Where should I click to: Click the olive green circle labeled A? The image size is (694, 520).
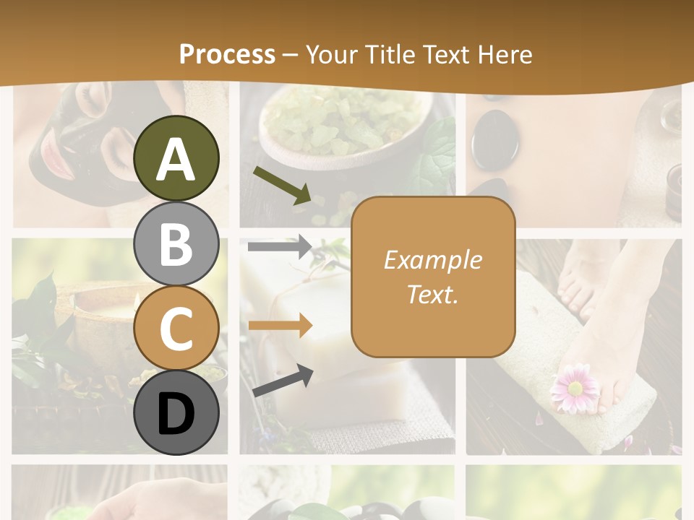176,159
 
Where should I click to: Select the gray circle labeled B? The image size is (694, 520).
176,244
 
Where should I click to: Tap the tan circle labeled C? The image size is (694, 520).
176,329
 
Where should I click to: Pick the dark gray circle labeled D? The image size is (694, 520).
176,412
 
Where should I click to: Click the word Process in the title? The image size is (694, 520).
227,54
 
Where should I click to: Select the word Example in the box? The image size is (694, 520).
432,260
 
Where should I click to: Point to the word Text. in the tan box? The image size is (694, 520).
432,294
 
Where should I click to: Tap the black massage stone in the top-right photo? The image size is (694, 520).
494,139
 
